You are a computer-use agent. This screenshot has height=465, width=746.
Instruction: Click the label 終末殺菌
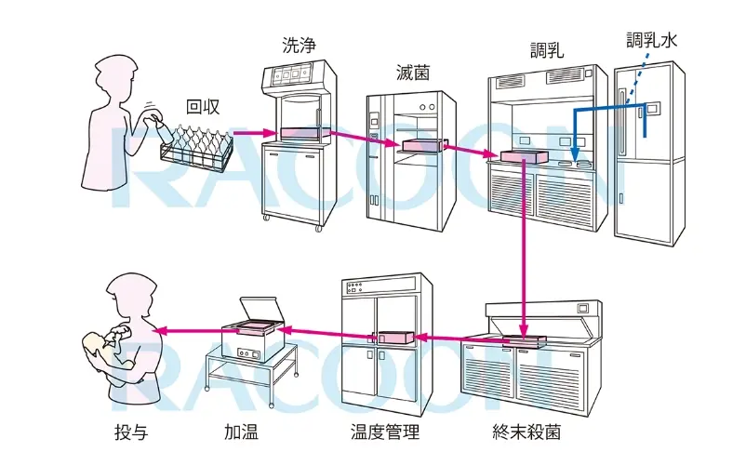526,432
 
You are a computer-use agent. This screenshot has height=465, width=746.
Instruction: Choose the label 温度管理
384,432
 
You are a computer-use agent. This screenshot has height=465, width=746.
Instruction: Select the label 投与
131,432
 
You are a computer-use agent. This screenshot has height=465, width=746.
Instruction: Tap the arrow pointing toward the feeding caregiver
186,329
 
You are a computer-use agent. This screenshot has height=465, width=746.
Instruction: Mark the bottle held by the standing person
153,119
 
